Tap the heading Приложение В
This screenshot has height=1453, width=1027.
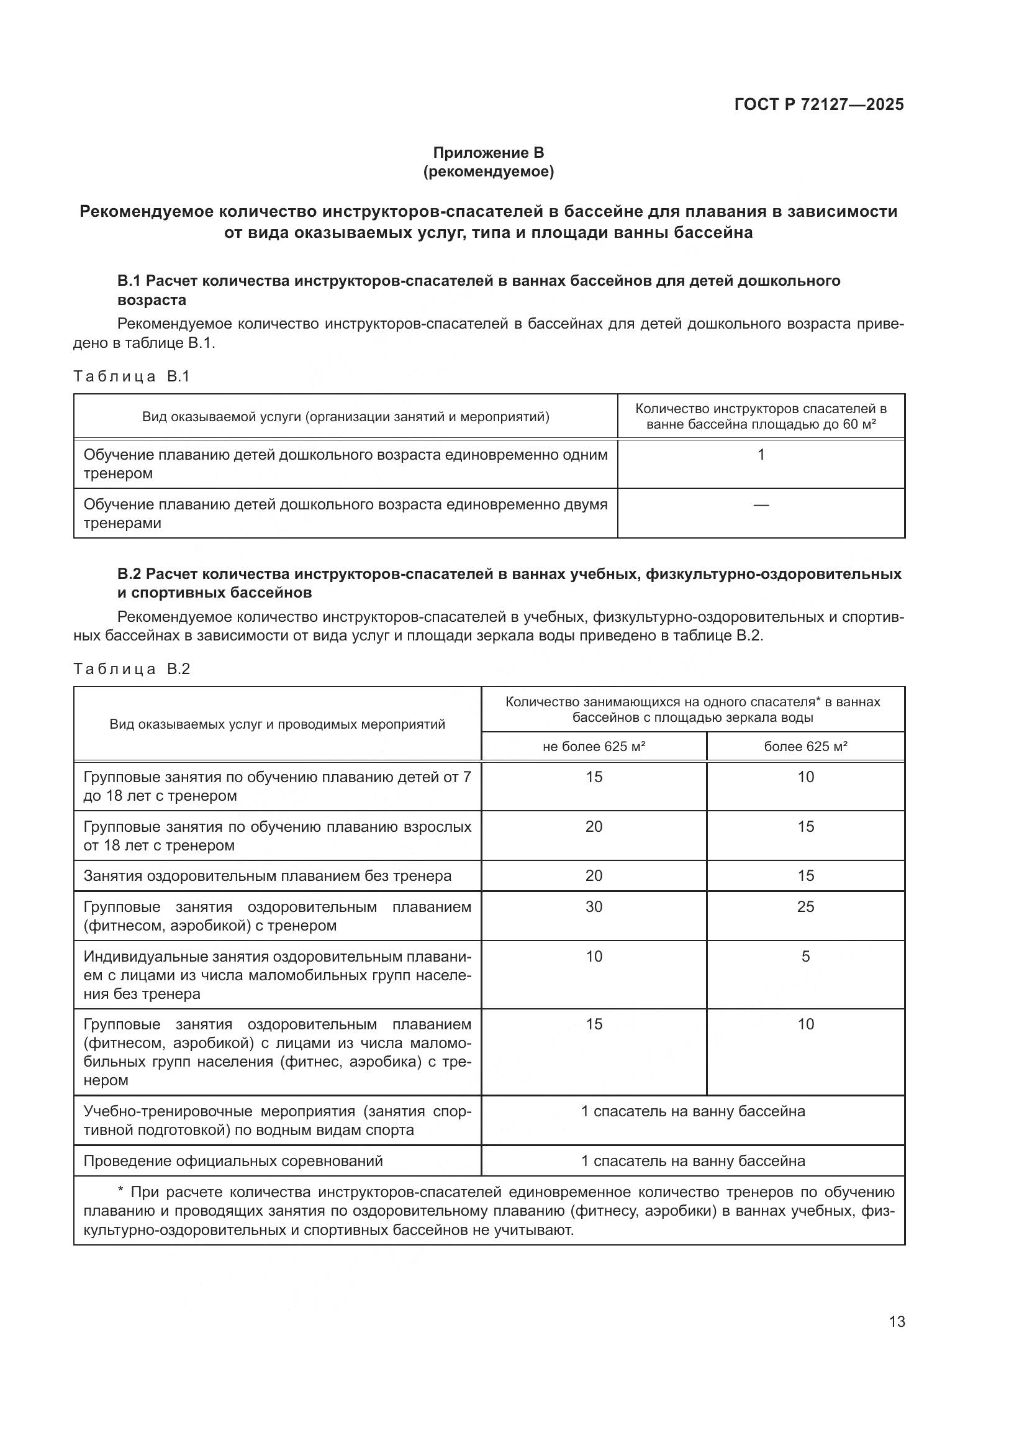(488, 153)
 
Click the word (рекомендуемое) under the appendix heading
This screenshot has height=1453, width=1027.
(488, 171)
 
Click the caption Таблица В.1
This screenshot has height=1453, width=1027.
(132, 376)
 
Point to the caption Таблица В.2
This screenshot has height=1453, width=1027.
(132, 669)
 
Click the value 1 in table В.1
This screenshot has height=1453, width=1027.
(761, 454)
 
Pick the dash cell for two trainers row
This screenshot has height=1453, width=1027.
(761, 505)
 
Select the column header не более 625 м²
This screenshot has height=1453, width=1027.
(593, 747)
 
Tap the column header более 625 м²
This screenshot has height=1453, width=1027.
(805, 747)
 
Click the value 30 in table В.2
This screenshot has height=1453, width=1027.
(593, 907)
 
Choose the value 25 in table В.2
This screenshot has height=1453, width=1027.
(805, 907)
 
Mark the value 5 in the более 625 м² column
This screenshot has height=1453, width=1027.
(805, 956)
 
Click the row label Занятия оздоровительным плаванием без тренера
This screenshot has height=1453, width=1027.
(268, 876)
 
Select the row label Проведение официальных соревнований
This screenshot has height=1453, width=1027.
(233, 1160)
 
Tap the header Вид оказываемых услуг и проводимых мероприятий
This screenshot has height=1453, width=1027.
(277, 724)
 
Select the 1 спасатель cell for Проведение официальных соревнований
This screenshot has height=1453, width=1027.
(692, 1160)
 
